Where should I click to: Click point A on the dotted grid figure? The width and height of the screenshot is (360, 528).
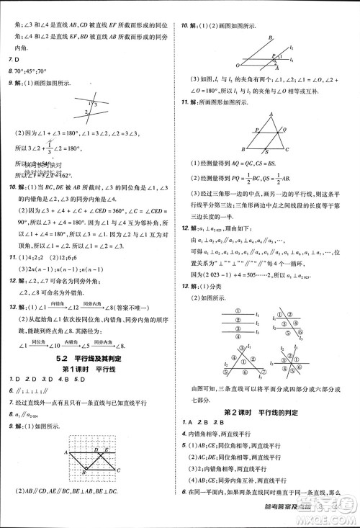66,452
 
